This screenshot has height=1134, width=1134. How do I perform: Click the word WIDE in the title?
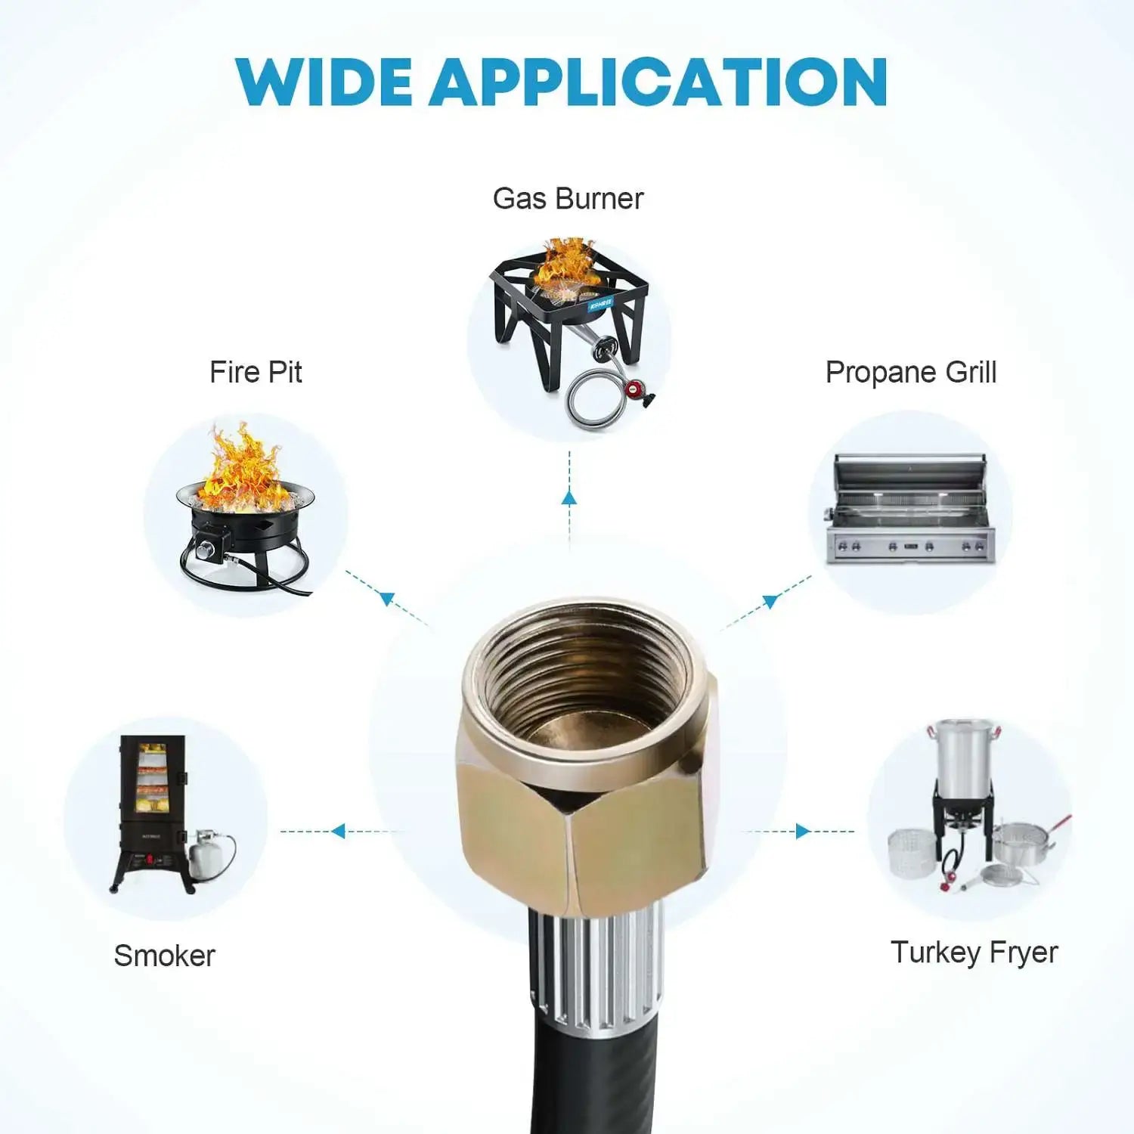[324, 82]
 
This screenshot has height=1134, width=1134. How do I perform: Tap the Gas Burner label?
[568, 199]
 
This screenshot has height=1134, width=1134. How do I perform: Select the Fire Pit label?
[256, 372]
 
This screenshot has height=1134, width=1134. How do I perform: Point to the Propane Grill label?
[911, 372]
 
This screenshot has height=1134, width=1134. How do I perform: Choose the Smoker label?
[164, 956]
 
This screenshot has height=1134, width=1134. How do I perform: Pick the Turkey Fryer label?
[974, 953]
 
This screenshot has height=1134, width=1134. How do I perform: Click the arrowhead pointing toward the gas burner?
[569, 497]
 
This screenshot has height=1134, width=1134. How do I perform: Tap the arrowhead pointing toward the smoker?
[339, 832]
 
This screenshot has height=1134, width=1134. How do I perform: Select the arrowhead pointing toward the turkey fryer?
[802, 832]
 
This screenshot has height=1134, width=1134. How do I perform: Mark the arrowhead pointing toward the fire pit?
[387, 599]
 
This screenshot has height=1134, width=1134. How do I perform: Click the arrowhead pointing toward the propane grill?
[770, 601]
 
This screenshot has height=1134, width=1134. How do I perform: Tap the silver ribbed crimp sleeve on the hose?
[597, 968]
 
